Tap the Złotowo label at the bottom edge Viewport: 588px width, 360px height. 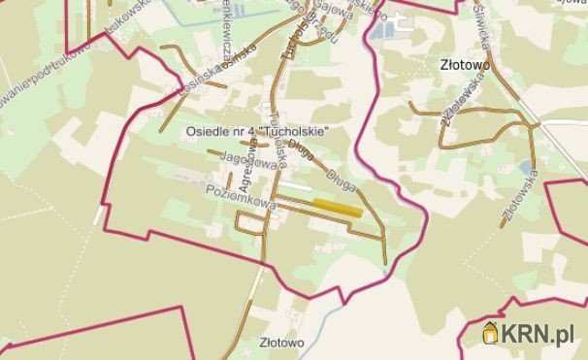click(282, 343)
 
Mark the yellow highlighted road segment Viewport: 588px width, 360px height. click(338, 207)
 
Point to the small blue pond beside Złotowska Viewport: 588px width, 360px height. click(526, 170)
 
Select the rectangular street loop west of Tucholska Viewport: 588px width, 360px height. click(250, 222)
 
